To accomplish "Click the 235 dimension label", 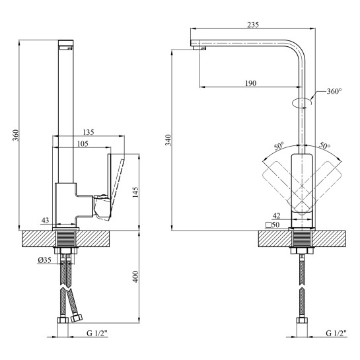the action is pos(253,24).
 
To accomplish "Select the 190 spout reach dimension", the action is pos(250,83).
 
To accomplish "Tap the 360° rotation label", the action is pos(334,91).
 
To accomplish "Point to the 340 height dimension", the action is pos(168,140).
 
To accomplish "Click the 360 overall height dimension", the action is pos(15,135).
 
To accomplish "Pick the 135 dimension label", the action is pos(89,132).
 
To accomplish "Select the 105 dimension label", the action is pos(83,144).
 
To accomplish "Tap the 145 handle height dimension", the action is pos(135,192).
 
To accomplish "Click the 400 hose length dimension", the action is pos(135,277).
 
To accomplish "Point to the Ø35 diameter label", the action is pos(44,260).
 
